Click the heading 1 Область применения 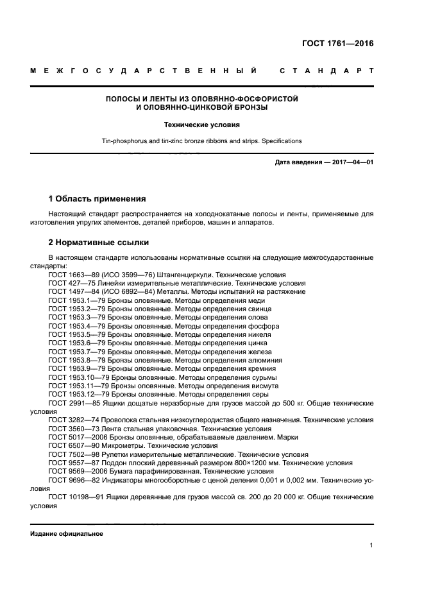click(97, 199)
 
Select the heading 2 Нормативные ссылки click(99, 243)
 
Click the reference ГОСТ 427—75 click(70, 282)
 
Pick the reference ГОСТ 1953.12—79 click(74, 393)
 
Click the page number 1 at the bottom click(371, 545)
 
